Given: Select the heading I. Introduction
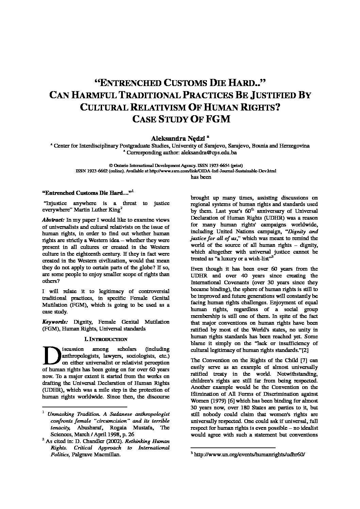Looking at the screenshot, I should tap(105, 339).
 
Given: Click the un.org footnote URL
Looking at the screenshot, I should tap(247, 454).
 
